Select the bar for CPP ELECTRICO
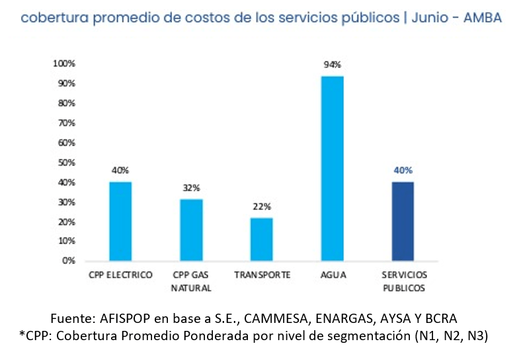click(120, 221)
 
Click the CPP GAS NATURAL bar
click(191, 229)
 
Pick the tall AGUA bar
click(332, 168)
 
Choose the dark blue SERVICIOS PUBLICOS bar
click(403, 221)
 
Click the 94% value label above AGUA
click(332, 65)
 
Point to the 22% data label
click(262, 206)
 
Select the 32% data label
click(191, 187)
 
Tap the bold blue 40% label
click(403, 170)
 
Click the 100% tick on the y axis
click(64, 64)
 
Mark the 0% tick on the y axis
click(69, 261)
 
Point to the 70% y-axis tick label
click(67, 123)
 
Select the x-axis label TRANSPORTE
click(262, 275)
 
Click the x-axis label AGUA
click(332, 275)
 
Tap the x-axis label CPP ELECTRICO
click(120, 275)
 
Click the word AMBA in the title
click(481, 18)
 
